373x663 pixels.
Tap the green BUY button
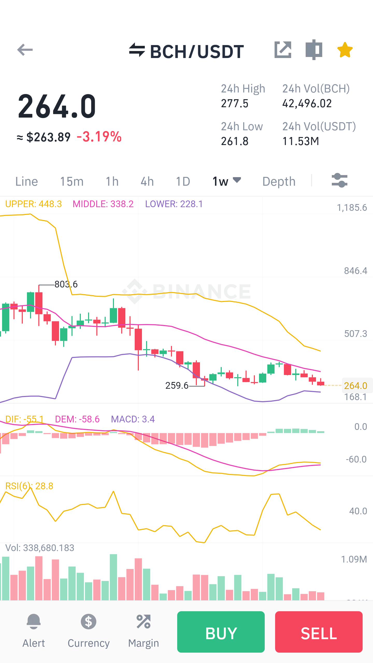point(221,632)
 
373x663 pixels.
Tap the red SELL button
point(319,632)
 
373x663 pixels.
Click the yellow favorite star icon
point(345,50)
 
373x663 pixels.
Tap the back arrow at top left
point(25,50)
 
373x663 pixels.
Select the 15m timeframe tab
point(72,181)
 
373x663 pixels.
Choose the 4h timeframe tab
point(147,181)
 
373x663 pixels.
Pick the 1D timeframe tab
point(183,181)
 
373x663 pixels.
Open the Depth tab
point(279,181)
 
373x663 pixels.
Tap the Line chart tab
point(27,181)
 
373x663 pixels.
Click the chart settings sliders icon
point(340,180)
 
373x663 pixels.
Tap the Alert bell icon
point(34,622)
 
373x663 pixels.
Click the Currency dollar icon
point(89,622)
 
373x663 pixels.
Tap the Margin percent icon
point(144,622)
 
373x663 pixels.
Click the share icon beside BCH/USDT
point(283,50)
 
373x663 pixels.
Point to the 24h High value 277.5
point(235,104)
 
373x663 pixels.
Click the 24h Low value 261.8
point(235,141)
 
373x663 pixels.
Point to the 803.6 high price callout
point(66,284)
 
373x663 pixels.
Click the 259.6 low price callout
point(177,386)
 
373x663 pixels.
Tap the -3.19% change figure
point(99,136)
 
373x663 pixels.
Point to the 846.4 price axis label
point(356,271)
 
